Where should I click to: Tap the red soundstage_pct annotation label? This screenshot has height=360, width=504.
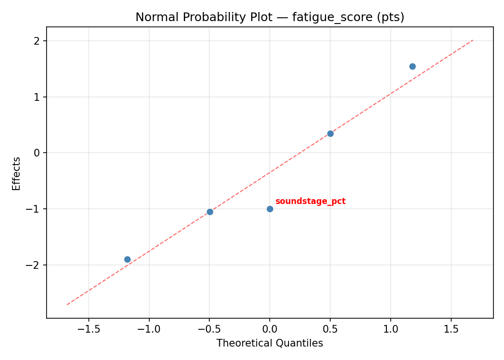(310, 201)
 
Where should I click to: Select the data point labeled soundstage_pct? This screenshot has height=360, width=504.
(270, 209)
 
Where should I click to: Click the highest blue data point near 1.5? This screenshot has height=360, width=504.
(412, 66)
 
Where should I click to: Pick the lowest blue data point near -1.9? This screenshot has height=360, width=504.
(127, 259)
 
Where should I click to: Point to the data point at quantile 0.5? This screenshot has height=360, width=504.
(330, 133)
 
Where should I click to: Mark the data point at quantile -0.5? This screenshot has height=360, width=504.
(210, 212)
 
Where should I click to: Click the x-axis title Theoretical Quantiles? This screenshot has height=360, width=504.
(269, 343)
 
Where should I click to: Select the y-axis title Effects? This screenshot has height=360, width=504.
(17, 173)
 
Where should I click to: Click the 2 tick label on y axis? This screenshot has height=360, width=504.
(37, 41)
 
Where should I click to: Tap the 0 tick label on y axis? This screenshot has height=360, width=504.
(37, 153)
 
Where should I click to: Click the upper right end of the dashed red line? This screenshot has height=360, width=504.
(473, 40)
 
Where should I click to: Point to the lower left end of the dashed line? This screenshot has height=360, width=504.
(67, 304)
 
